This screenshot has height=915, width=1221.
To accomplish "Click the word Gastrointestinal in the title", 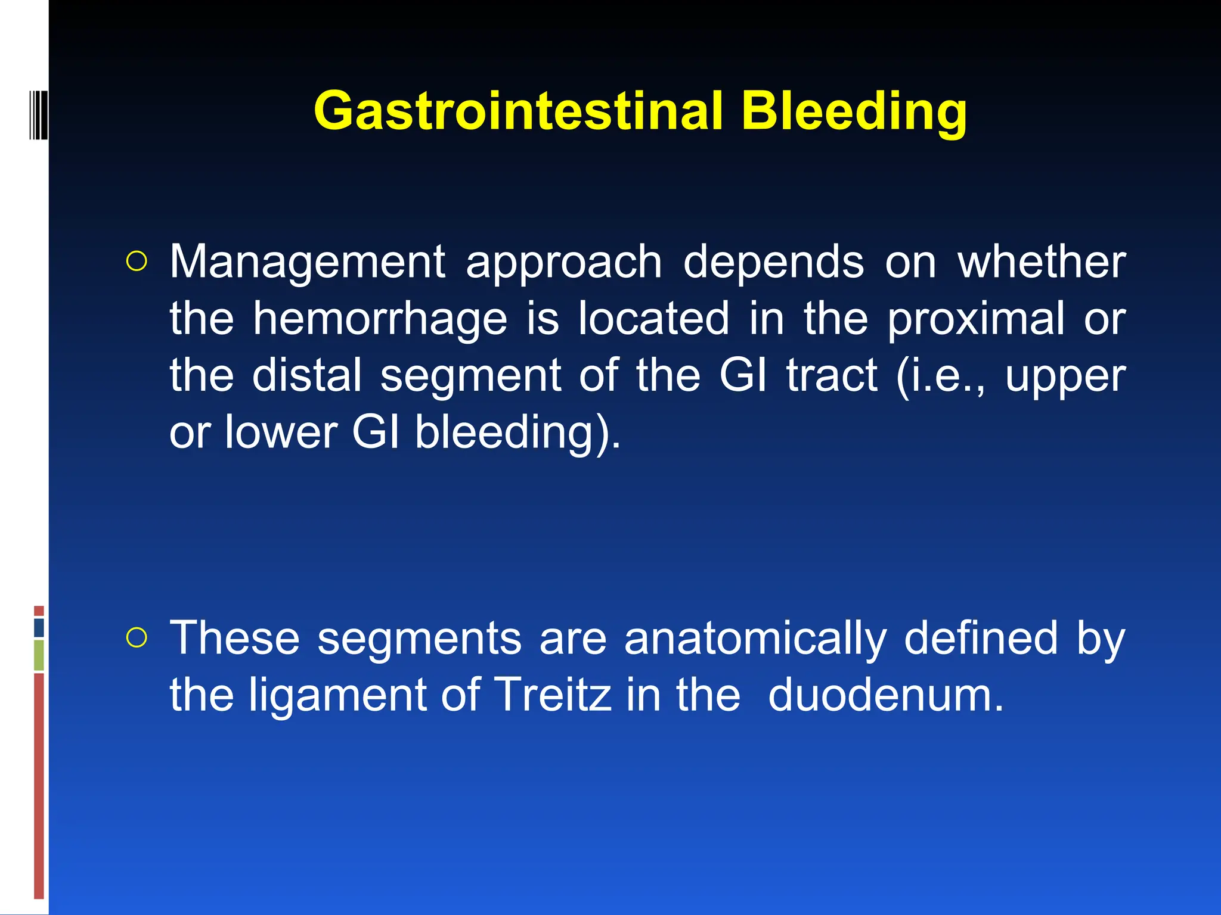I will pyautogui.click(x=517, y=111).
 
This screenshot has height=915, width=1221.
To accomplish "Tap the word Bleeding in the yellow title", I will pyautogui.click(x=854, y=111).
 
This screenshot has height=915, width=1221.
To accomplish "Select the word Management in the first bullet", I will pyautogui.click(x=308, y=262).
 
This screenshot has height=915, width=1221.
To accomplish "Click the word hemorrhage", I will pyautogui.click(x=380, y=319).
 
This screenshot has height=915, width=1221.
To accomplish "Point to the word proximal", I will pyautogui.click(x=975, y=319).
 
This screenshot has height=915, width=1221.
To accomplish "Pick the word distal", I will pyautogui.click(x=307, y=375).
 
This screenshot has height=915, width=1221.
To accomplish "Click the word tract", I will pyautogui.click(x=832, y=375).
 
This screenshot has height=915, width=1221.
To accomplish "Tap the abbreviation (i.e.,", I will pyautogui.click(x=941, y=375).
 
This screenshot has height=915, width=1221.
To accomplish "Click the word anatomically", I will pyautogui.click(x=755, y=639).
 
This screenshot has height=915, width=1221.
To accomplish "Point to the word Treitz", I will pyautogui.click(x=553, y=695).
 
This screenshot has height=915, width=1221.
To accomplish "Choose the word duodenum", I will pyautogui.click(x=886, y=695).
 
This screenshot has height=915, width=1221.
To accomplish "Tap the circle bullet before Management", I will pyautogui.click(x=137, y=262).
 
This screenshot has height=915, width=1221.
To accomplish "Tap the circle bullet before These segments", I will pyautogui.click(x=137, y=638).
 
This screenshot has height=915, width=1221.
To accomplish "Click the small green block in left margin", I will pyautogui.click(x=39, y=655).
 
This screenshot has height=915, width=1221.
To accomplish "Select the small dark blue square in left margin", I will pyautogui.click(x=39, y=627).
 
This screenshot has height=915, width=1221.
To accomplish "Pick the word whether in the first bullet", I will pyautogui.click(x=1042, y=262).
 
